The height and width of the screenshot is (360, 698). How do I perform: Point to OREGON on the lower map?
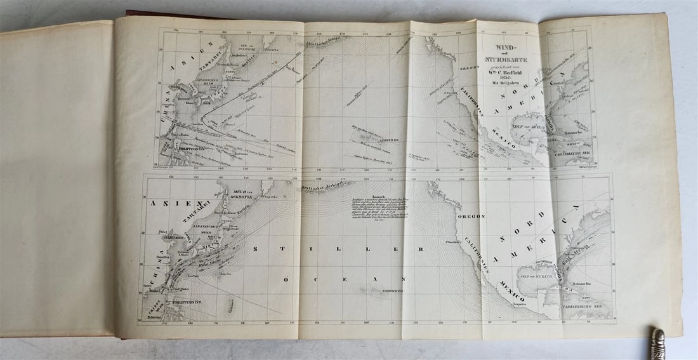[x=470, y=216]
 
